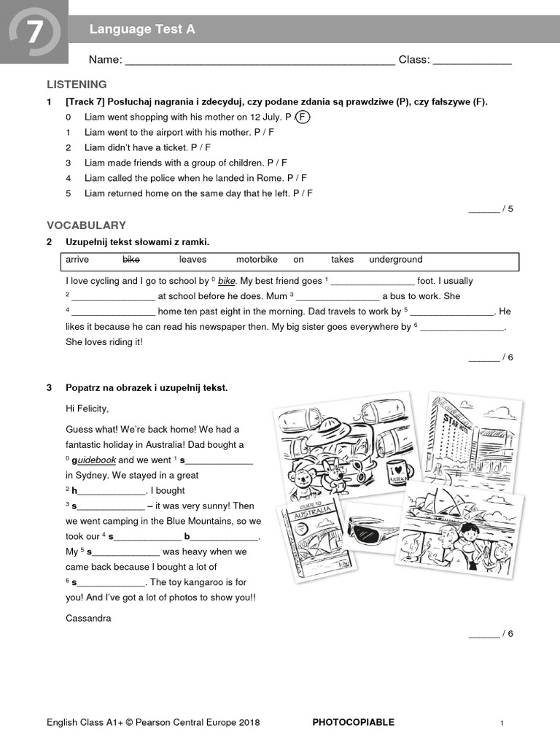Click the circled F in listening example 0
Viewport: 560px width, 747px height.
(x=303, y=117)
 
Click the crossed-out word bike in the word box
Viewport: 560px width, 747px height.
(x=131, y=260)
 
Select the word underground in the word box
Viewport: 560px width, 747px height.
(x=395, y=260)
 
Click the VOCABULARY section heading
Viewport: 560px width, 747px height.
(x=86, y=225)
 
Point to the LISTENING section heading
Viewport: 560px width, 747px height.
(x=77, y=84)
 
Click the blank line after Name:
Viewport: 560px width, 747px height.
(x=260, y=61)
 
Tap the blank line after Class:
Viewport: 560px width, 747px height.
(x=472, y=61)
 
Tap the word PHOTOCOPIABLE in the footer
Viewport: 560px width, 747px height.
(x=353, y=722)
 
